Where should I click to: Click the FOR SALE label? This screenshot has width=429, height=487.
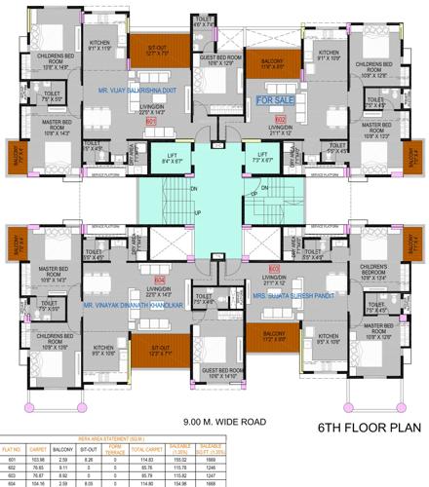[x=275, y=99]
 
